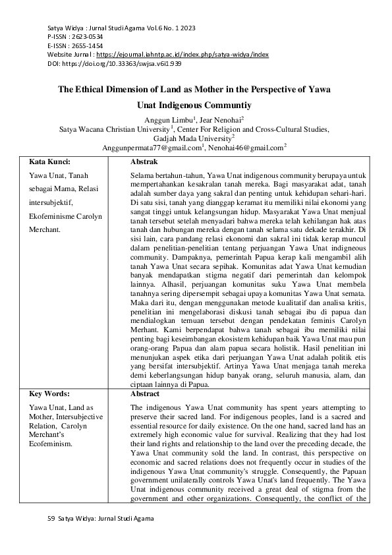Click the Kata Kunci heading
tap(49, 161)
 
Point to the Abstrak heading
tap(144, 161)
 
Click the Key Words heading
tap(49, 394)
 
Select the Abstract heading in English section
tap(145, 394)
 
